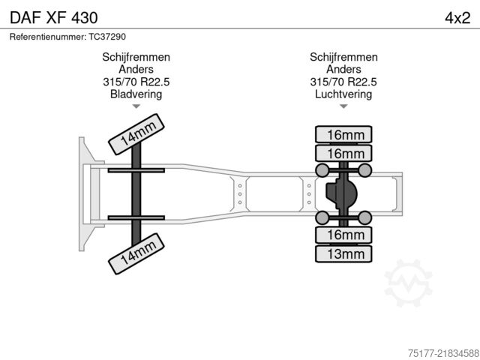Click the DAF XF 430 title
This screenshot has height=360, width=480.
point(54,18)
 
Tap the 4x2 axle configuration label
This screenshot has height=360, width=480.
point(457,18)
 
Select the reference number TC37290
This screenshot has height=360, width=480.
point(107,37)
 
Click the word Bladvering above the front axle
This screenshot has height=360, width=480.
point(136,94)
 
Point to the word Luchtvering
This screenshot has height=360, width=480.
point(343,94)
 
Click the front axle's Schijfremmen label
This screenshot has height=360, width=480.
point(136,57)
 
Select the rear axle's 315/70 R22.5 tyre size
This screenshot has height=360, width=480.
point(343,82)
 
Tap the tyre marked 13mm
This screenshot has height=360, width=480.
point(343,253)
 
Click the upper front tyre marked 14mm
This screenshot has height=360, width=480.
point(136,134)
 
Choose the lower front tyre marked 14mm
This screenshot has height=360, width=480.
point(136,253)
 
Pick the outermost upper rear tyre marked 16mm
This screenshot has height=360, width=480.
point(343,134)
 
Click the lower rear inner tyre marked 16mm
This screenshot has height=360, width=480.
point(343,235)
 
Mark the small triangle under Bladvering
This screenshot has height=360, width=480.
point(136,106)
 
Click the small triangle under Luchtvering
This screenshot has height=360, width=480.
point(343,106)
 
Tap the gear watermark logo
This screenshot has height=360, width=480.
point(408,283)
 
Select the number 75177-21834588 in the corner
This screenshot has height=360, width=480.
point(443,353)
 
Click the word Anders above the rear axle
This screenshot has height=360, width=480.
point(343,69)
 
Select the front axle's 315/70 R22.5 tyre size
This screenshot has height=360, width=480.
point(136,82)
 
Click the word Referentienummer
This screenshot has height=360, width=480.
point(48,37)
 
